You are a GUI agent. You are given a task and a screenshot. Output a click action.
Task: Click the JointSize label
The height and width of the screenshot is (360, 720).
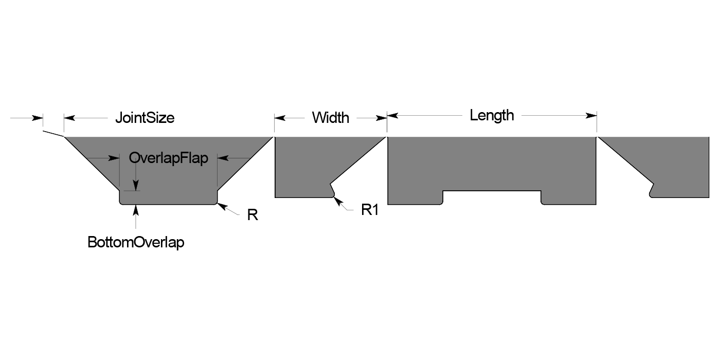(x=145, y=118)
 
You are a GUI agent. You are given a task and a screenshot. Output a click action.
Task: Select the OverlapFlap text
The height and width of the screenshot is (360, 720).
(x=169, y=158)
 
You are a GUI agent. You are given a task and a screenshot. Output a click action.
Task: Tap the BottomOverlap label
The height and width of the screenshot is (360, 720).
(x=136, y=242)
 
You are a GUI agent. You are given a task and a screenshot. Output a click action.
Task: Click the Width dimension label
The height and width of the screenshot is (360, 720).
(x=330, y=118)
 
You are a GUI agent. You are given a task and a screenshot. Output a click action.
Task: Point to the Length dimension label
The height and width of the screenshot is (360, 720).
(x=492, y=115)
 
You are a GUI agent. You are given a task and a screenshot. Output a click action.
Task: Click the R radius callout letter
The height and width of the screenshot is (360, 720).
(x=252, y=215)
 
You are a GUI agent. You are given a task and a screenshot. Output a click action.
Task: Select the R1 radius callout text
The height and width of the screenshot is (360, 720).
(x=370, y=209)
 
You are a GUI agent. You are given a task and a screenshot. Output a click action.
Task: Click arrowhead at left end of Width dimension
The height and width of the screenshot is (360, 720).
(x=280, y=118)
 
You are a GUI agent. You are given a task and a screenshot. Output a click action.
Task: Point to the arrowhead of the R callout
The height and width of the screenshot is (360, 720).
(x=221, y=206)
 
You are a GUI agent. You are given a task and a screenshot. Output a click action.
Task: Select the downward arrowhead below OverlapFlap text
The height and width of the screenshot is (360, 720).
(x=136, y=186)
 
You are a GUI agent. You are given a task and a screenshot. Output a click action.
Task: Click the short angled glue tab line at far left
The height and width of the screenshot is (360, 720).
(x=53, y=134)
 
